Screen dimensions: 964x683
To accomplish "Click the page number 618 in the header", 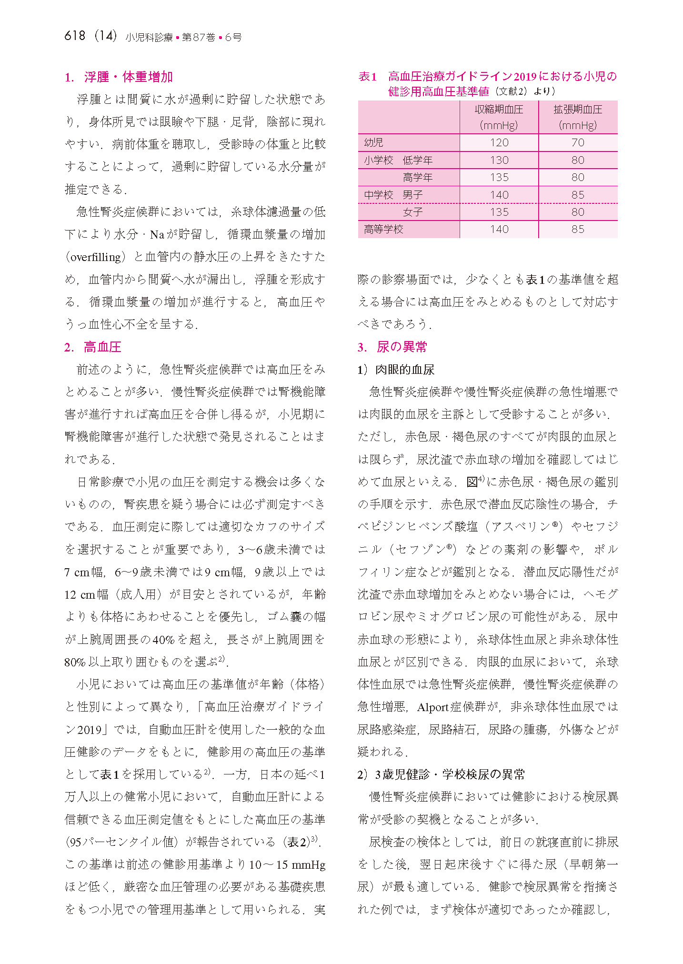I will coord(75,36).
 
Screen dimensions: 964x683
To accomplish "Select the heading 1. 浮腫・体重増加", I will coord(119,77).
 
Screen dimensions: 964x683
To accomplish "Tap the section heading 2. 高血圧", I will coord(93,347).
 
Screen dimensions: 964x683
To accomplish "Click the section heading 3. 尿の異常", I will coord(392,347).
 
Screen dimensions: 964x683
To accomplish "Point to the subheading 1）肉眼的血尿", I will coord(396,370).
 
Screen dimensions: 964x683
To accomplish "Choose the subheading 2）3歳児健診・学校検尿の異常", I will coord(441,774).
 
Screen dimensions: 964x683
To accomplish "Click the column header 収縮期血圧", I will coord(499,110).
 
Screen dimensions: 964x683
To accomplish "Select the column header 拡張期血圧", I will coord(577,110).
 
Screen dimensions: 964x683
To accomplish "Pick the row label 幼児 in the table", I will coord(373,142).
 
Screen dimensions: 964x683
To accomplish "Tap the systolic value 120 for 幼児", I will coord(499,142).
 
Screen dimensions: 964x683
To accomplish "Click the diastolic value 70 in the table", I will coord(577,142).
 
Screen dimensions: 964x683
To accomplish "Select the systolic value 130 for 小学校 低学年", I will coord(499,160).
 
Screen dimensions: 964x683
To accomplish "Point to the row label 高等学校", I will coord(383,229).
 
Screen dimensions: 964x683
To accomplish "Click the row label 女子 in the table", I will coord(412,212).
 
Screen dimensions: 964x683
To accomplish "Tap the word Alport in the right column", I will coord(432,707).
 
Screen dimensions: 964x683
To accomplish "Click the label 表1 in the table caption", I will coord(367,77).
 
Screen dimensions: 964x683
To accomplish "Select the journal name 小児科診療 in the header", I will coord(149,37).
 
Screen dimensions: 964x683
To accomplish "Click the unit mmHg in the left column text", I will coord(308,864).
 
